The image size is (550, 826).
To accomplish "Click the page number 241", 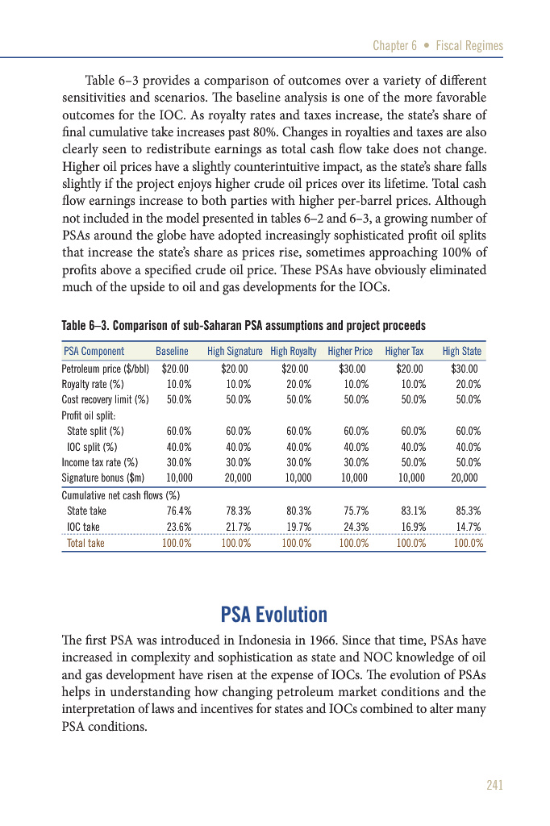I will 494,785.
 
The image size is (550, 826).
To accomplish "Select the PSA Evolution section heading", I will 274,614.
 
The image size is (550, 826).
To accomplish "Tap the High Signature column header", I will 235,351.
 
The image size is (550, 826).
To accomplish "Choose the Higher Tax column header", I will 404,351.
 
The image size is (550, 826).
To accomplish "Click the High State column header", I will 461,351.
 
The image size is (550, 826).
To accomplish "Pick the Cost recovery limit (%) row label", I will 105,398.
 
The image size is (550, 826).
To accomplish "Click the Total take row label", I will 85,543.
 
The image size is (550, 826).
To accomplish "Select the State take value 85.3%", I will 468,510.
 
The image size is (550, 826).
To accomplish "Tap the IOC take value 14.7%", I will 468,527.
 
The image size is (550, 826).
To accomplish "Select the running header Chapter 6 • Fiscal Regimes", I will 438,46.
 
